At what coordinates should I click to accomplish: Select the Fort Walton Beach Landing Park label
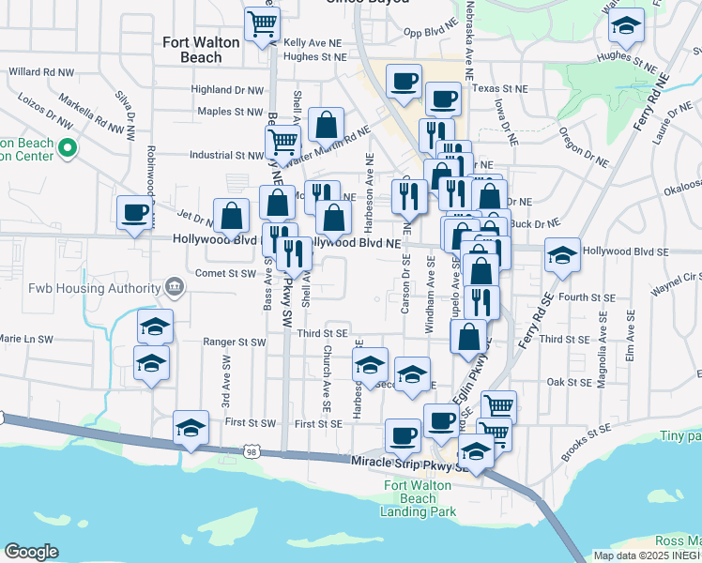[x=419, y=498]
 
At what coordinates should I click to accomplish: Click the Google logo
[x=31, y=552]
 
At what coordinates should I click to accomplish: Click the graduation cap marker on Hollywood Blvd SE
[x=561, y=256]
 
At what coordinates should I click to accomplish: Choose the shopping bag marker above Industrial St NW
[x=326, y=124]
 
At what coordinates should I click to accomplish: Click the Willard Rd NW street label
[x=41, y=71]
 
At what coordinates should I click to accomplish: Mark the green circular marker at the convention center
[x=67, y=147]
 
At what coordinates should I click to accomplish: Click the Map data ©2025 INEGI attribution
[x=647, y=555]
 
